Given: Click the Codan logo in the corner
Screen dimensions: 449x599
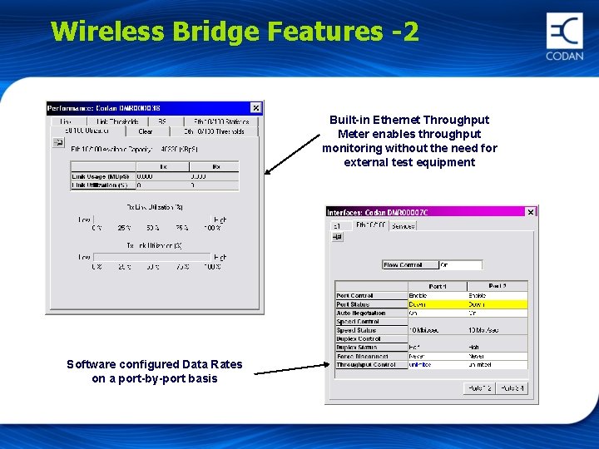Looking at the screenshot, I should click(564, 37).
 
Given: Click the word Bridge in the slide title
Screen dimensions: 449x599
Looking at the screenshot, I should click(217, 32).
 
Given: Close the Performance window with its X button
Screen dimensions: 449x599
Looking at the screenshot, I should click(255, 108).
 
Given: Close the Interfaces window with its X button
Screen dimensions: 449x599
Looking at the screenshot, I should click(531, 212).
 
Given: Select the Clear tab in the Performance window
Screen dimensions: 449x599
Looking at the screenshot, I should click(146, 131).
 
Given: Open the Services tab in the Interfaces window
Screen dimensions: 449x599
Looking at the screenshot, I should click(403, 225).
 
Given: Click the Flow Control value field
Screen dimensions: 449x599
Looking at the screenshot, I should click(460, 265).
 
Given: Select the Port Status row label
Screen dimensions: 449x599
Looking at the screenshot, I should click(354, 304).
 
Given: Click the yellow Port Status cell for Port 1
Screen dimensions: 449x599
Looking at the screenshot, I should click(436, 304).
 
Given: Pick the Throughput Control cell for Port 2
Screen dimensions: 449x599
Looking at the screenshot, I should click(497, 365).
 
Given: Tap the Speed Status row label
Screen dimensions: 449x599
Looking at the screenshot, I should click(356, 330).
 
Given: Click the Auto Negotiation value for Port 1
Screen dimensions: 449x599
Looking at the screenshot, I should click(436, 313).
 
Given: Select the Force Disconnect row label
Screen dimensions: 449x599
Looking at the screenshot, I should click(358, 357).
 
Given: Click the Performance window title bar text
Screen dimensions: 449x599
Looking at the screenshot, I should click(104, 108).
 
